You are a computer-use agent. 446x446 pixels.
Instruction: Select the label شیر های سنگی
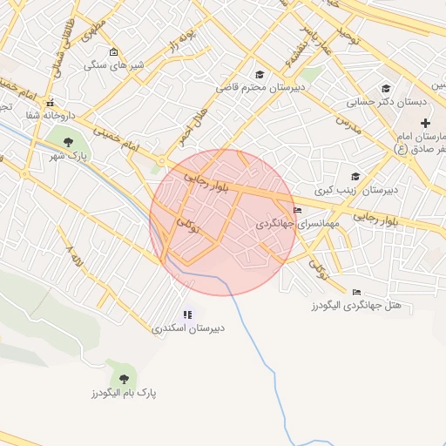click(114, 65)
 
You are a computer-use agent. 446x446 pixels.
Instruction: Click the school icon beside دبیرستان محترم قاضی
click(259, 75)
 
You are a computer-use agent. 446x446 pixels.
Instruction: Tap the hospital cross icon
click(425, 123)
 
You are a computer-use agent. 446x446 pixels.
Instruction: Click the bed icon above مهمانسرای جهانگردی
click(298, 210)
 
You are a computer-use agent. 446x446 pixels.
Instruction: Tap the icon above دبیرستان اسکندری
click(187, 314)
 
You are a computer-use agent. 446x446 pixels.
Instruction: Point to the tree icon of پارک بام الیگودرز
click(123, 378)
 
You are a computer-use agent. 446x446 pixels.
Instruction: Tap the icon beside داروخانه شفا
click(50, 102)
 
